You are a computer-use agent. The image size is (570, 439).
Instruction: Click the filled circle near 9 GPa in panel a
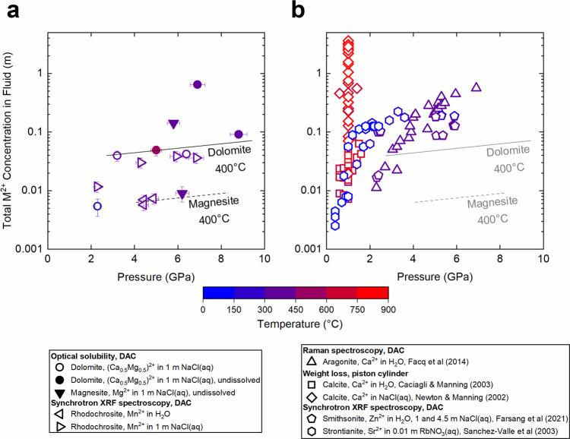[x=239, y=134]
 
